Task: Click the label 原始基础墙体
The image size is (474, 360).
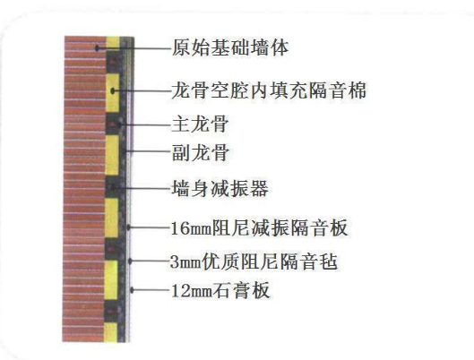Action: (x=230, y=47)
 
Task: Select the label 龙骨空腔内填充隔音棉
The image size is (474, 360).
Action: (x=269, y=90)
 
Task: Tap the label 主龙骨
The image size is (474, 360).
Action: (x=200, y=124)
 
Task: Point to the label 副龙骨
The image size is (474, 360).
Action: (x=200, y=152)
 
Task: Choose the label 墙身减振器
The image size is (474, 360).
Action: (x=220, y=188)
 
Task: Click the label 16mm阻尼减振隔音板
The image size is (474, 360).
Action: (x=259, y=227)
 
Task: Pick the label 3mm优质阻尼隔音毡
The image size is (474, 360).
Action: (x=254, y=261)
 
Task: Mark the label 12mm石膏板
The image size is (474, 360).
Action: (x=220, y=290)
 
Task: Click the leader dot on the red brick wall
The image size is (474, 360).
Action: (x=97, y=47)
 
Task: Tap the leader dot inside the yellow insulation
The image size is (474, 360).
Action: (x=113, y=90)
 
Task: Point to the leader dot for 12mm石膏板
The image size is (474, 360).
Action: (x=132, y=290)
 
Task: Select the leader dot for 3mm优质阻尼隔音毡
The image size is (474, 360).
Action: (x=130, y=261)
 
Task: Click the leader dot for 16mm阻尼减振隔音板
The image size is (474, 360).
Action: (x=129, y=227)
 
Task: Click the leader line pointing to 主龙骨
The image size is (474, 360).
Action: (x=146, y=124)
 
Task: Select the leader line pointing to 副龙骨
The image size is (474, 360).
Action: (x=149, y=151)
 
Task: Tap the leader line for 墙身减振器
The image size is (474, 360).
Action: (x=142, y=188)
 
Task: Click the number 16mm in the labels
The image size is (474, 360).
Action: (x=192, y=228)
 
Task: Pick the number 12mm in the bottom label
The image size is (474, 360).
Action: (x=192, y=291)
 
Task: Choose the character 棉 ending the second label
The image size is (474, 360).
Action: (x=357, y=90)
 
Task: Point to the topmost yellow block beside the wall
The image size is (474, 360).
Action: (x=113, y=42)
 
